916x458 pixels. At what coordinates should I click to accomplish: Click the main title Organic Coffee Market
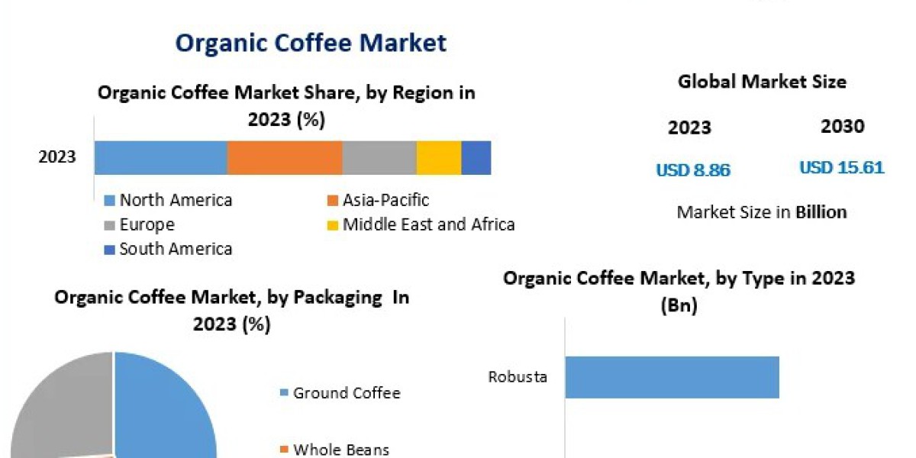pos(311,43)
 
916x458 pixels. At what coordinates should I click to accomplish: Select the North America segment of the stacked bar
pos(160,158)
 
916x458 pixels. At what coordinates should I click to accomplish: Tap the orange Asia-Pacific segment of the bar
pos(284,158)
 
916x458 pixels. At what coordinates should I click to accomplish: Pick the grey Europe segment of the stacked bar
pos(379,158)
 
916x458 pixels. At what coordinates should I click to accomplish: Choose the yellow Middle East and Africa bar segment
pos(439,158)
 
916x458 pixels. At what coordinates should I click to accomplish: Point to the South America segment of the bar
pos(476,158)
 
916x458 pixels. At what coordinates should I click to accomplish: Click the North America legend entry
pos(176,201)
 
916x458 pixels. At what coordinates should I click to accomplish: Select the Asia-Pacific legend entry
pos(385,201)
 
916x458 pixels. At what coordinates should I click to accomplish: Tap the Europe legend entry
pos(147,225)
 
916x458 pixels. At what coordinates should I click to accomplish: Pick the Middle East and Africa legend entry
pos(427,224)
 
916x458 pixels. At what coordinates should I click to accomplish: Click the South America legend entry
pos(176,249)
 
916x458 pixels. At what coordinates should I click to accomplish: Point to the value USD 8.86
pos(693,170)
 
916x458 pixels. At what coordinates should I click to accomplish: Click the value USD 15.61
pos(842,167)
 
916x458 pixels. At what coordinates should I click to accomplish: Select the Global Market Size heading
pos(762,82)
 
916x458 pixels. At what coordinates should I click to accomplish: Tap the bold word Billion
pos(821,212)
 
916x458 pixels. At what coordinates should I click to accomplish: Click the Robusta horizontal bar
pos(672,377)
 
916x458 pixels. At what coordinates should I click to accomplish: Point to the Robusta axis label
pos(518,377)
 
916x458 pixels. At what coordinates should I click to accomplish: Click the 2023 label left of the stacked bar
pos(57,157)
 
